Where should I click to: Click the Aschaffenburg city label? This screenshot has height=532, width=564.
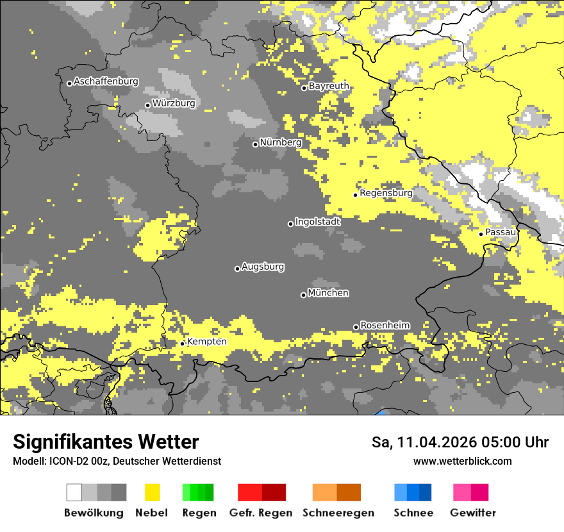pyautogui.click(x=106, y=82)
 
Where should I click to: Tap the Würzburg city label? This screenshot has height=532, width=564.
pyautogui.click(x=174, y=103)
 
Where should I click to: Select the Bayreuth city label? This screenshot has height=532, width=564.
pyautogui.click(x=329, y=86)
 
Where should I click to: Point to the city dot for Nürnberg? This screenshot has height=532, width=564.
pyautogui.click(x=255, y=144)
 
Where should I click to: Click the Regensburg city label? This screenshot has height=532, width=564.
pyautogui.click(x=386, y=193)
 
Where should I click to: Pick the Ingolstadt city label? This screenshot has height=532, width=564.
pyautogui.click(x=318, y=222)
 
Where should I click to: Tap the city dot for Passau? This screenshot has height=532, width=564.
pyautogui.click(x=481, y=234)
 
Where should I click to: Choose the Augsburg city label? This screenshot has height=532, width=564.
pyautogui.click(x=263, y=267)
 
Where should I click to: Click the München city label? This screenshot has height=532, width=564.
pyautogui.click(x=328, y=293)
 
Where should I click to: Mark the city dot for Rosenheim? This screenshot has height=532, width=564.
pyautogui.click(x=356, y=328)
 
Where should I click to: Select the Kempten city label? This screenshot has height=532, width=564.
pyautogui.click(x=206, y=342)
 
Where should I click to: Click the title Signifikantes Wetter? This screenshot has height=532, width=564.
pyautogui.click(x=106, y=442)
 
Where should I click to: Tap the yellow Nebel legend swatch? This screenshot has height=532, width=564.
pyautogui.click(x=152, y=492)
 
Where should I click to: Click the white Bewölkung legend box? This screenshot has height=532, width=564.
pyautogui.click(x=74, y=492)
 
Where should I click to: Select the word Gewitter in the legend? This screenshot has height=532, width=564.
pyautogui.click(x=472, y=513)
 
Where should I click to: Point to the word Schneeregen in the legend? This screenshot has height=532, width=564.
pyautogui.click(x=338, y=513)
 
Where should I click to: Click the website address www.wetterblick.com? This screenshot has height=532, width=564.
pyautogui.click(x=462, y=461)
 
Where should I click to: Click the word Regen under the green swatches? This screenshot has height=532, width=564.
pyautogui.click(x=199, y=513)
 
